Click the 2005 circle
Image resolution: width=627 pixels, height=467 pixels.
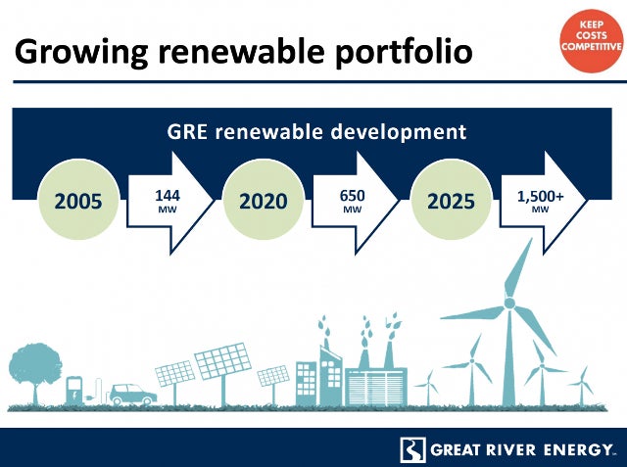[x=78, y=200]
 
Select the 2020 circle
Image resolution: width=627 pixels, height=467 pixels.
[x=264, y=200]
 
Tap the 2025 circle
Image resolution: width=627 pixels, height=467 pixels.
[x=451, y=200]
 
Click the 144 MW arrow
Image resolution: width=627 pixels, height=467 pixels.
[x=169, y=202]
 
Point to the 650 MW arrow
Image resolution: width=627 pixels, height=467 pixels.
[x=355, y=202]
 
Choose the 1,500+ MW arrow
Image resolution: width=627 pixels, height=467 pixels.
[x=543, y=202]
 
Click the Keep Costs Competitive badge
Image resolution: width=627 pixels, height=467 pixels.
[x=592, y=40]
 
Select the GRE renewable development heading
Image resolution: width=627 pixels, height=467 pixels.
[x=316, y=132]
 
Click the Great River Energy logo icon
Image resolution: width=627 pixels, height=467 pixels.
[x=412, y=450]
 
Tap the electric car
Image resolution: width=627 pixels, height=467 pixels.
[x=133, y=396]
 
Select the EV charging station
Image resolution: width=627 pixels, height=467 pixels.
[x=74, y=392]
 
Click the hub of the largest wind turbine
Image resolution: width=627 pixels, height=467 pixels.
[x=509, y=304]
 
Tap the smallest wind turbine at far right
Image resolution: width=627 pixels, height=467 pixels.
[x=582, y=387]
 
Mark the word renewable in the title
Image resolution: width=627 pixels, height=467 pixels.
[x=242, y=52]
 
